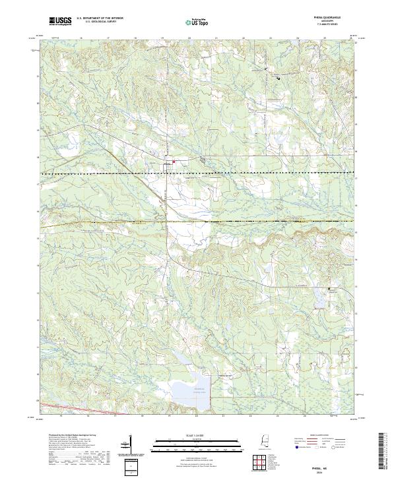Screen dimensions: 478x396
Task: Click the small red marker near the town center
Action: click(x=174, y=162)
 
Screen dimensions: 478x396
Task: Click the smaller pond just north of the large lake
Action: click(x=180, y=358)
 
